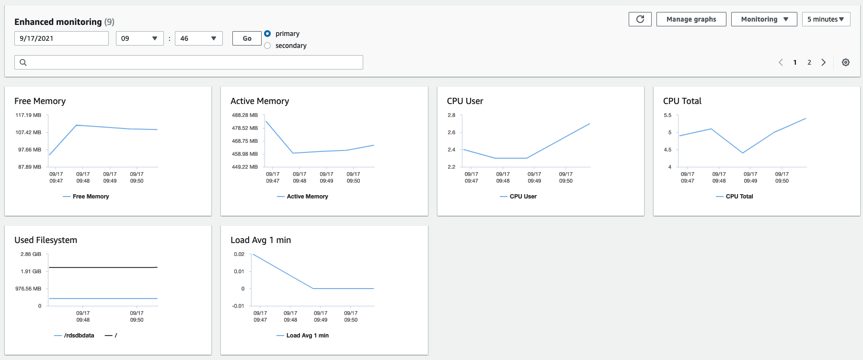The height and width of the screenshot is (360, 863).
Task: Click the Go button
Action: point(247,38)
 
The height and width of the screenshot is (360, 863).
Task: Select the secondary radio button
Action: point(267,46)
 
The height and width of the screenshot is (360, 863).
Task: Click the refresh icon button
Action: point(640,19)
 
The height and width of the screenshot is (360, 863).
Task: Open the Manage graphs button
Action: point(691,19)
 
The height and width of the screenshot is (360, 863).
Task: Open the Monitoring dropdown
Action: point(764,19)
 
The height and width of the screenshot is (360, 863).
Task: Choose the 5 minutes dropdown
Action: point(826,19)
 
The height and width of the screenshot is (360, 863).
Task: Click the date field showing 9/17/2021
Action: point(61,38)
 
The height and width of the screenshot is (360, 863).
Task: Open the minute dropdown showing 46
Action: point(198,38)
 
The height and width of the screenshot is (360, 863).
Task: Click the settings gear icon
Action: point(846,62)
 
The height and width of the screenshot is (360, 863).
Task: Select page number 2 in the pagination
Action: point(809,62)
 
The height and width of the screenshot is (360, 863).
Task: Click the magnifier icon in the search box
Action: point(23,62)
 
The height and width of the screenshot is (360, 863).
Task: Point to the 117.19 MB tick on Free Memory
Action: point(28,115)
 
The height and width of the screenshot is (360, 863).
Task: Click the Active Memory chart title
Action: point(260,101)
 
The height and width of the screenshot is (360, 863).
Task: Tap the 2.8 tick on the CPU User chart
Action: point(451,115)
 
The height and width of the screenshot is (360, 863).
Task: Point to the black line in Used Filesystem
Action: point(103,267)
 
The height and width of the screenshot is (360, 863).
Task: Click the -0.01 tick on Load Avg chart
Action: point(238,306)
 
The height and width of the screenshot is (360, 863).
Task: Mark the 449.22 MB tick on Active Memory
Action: point(244,167)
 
